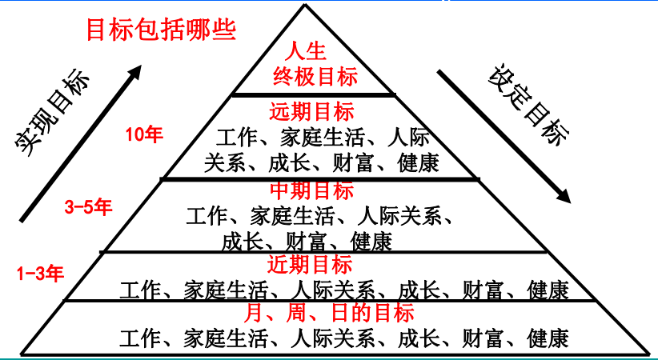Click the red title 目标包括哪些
click(x=160, y=30)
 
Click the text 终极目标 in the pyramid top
click(x=314, y=78)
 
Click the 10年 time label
click(x=145, y=134)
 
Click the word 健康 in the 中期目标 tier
click(x=371, y=240)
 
